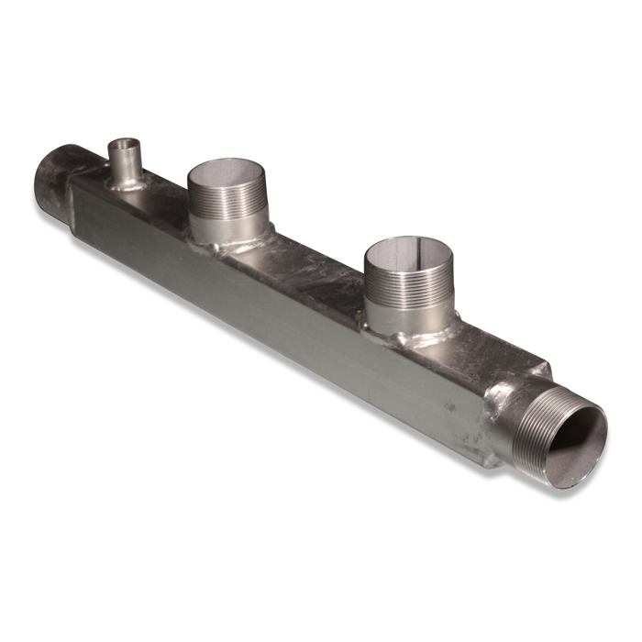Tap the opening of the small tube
coord(123,144)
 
